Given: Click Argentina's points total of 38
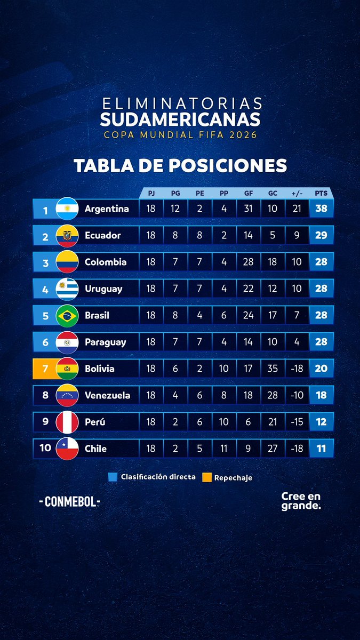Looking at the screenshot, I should (x=321, y=209).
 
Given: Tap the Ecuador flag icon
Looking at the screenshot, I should (x=67, y=235).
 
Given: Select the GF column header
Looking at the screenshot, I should (x=248, y=194).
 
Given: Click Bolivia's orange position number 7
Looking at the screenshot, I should (x=45, y=369).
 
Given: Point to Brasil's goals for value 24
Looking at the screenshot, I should (x=248, y=315).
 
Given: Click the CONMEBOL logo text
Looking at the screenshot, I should (x=69, y=502).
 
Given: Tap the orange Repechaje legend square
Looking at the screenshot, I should (x=206, y=477).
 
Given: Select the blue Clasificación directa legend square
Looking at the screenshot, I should (x=112, y=477).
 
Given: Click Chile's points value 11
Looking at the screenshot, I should (x=321, y=449).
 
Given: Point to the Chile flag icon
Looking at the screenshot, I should (x=67, y=449).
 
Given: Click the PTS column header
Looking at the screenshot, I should (x=321, y=194).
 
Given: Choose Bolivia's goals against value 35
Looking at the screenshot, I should (x=273, y=369).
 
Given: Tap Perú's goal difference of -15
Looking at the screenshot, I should (x=297, y=422).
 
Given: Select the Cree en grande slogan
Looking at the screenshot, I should (x=301, y=501).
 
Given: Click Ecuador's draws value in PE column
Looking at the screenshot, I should (x=199, y=235).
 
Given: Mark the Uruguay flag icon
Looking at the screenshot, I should (x=67, y=289).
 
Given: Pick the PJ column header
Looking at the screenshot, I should (x=151, y=194).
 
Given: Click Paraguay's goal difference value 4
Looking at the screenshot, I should (x=297, y=342).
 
